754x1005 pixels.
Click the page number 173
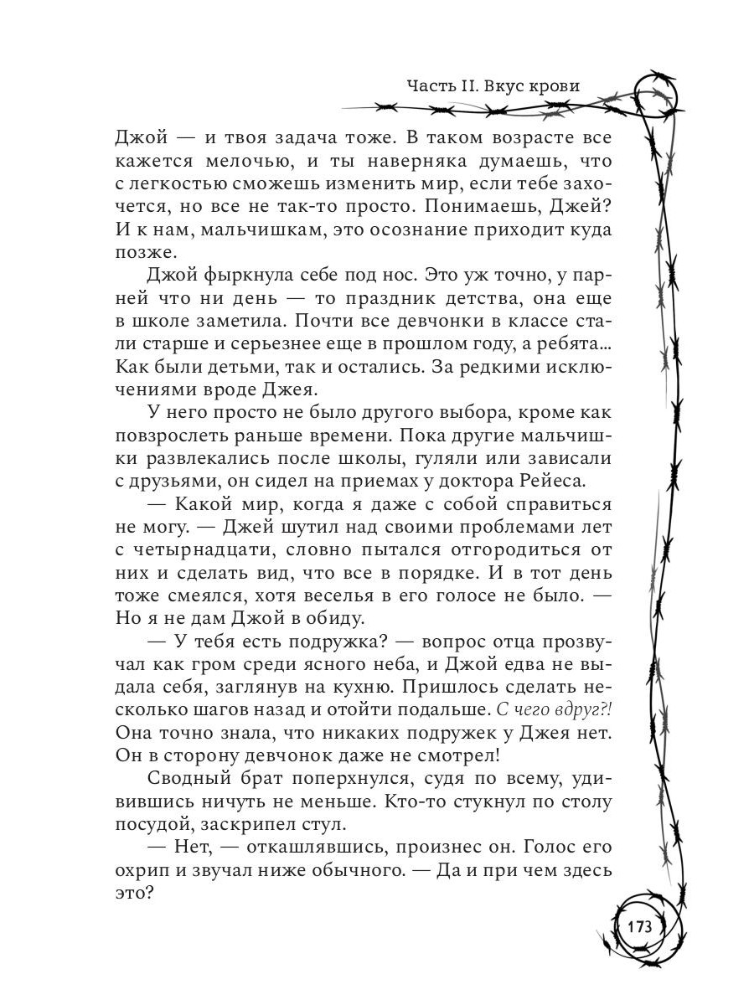pos(638,927)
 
